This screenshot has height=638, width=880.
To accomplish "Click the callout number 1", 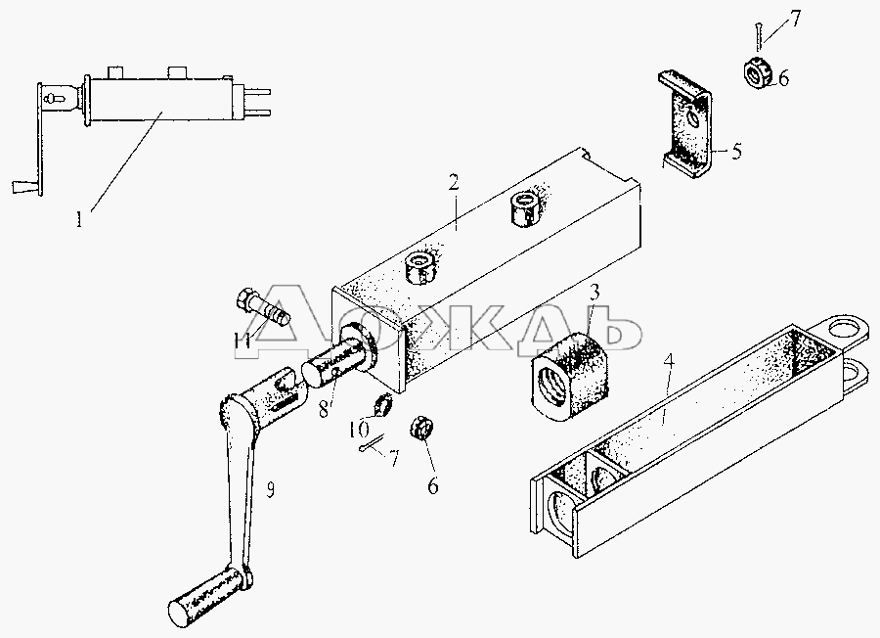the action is coord(80,218).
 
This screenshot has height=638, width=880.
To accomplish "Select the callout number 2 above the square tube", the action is coord(454,183).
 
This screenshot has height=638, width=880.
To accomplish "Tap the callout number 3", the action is coord(594,292).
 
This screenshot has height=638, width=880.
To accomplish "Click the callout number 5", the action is coord(736,151).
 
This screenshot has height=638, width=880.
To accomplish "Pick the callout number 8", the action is coord(324,409).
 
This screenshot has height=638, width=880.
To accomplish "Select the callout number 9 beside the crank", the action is coord(271,491).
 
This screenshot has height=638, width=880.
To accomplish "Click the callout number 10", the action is coord(358,431).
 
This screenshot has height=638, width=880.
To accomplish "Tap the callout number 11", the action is coord(242,341).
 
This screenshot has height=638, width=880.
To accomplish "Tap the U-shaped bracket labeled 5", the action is coord(685,124).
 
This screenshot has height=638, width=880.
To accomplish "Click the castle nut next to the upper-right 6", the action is coord(758,73).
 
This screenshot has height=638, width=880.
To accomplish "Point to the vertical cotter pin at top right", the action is coord(758,36).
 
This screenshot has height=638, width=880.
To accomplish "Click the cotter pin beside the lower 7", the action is coord(371,442).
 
